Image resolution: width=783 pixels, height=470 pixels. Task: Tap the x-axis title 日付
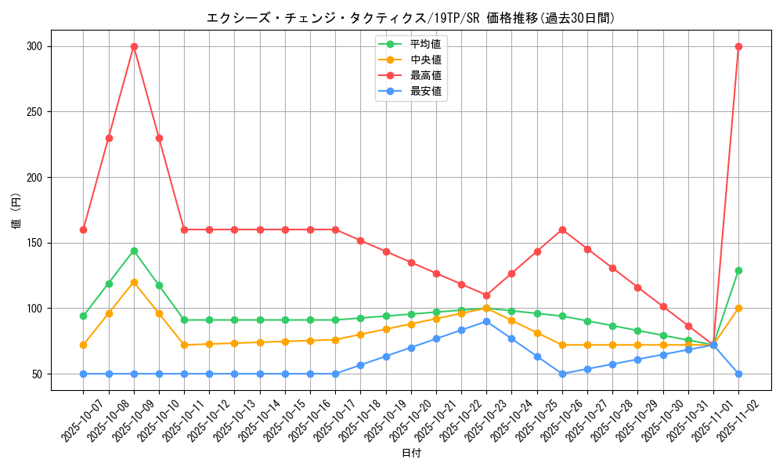point(411,454)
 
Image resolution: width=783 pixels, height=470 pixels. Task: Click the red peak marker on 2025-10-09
point(134,46)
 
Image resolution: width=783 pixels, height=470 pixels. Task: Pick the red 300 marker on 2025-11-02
point(738,46)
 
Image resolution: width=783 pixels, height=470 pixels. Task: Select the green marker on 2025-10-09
point(134,251)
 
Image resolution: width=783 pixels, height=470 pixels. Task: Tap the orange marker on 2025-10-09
point(134,282)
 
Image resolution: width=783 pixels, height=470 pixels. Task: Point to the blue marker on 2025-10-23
point(486,321)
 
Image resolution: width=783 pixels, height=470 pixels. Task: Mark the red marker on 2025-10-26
point(562,230)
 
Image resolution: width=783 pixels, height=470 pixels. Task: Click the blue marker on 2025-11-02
point(738,374)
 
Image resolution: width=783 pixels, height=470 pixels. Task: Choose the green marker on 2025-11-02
point(738,270)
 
